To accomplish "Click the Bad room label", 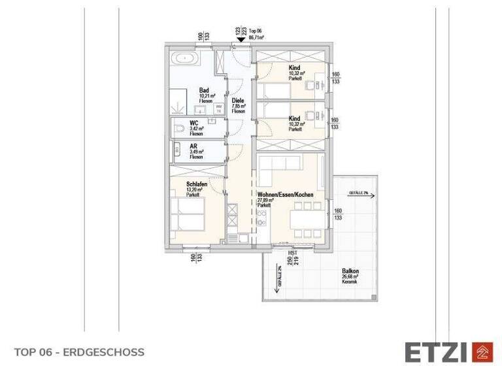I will pos(204,91).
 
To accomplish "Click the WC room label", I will pos(194,123).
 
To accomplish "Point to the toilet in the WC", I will pos(178,131).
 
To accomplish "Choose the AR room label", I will pos(193,146).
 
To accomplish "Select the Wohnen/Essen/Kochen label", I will pos(286,195).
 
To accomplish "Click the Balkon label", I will pos(350,271).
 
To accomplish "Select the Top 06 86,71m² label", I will pos(254,34).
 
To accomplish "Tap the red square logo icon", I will pos(482,352).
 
